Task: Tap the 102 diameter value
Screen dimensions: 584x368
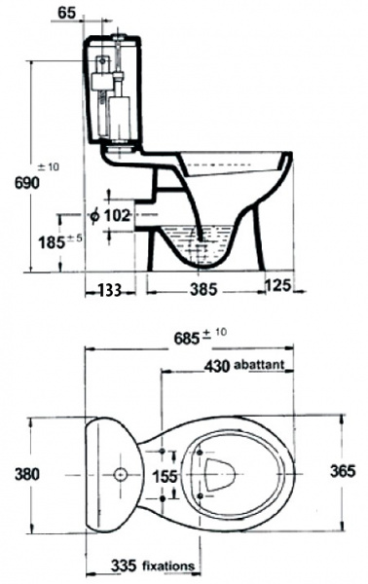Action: point(118,215)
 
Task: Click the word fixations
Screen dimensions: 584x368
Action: point(165,565)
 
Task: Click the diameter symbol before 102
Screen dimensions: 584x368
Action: point(94,215)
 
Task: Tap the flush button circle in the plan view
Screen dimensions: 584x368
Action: point(119,475)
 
